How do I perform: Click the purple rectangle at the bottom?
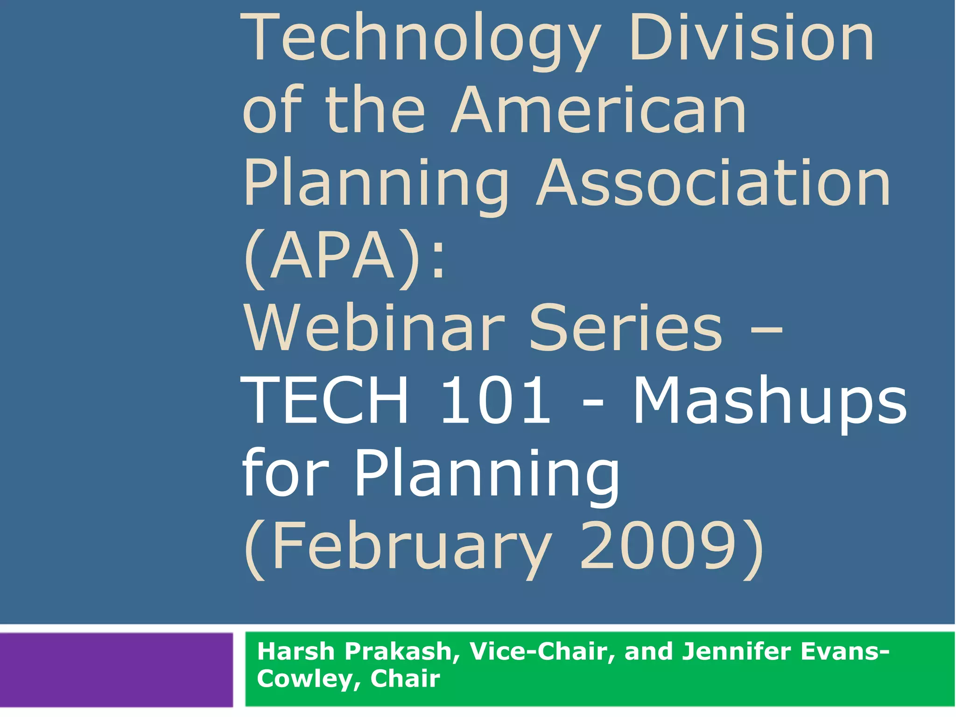pos(116,669)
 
